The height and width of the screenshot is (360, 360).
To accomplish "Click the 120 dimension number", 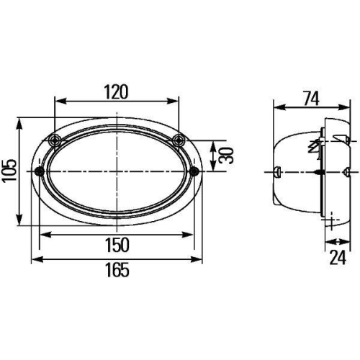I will (x=116, y=91).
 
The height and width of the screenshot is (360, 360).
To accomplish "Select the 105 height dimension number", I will (x=8, y=171).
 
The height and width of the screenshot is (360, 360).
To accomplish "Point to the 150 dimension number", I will (x=117, y=245).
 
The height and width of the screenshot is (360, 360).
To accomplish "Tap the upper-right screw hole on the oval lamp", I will (x=179, y=139).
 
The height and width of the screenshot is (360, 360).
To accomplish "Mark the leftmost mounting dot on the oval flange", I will (x=39, y=171).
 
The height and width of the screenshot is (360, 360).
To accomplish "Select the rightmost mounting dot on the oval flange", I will (x=196, y=171).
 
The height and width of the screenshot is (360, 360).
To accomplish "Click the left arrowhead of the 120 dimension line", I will (x=57, y=102).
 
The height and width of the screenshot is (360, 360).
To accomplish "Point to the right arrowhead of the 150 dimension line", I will (x=193, y=233).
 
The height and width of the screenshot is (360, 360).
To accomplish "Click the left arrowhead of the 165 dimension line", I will (x=32, y=258).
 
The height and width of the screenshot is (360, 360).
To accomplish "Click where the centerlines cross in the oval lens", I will (x=117, y=171).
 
